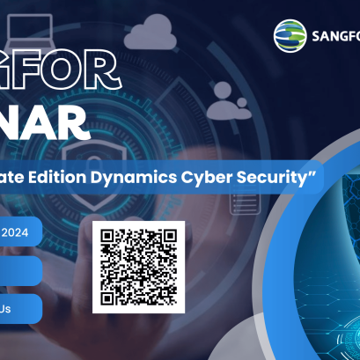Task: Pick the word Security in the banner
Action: pyautogui.click(x=270, y=177)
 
